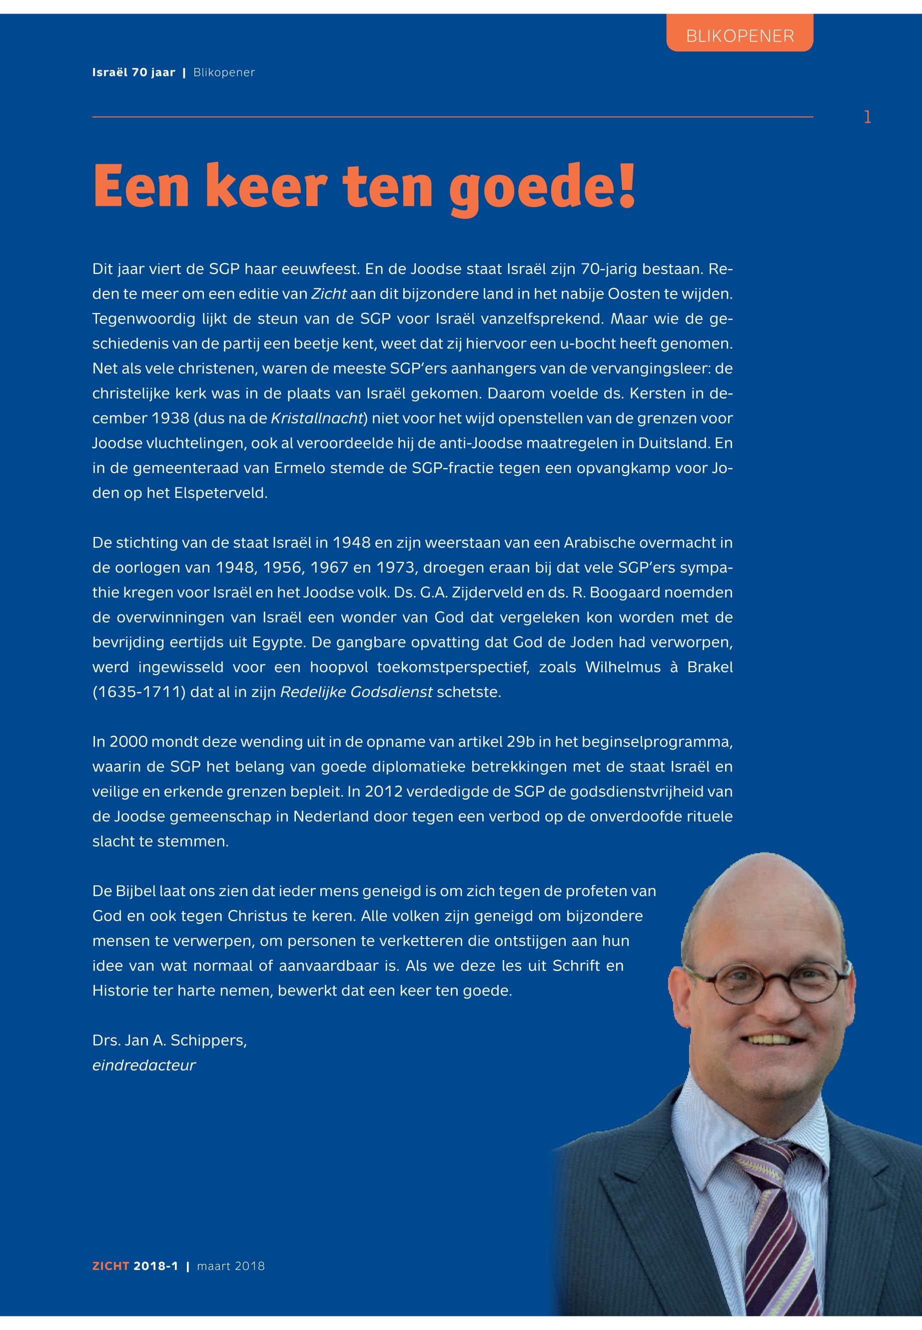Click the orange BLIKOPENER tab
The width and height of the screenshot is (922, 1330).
(x=740, y=36)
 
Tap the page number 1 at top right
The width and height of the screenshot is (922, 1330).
(x=867, y=117)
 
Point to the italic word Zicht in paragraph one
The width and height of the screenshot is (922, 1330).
(x=329, y=293)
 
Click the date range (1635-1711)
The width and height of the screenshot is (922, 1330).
(x=138, y=692)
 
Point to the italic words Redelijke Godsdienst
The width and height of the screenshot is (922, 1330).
(x=356, y=692)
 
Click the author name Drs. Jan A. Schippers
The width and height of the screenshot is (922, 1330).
(x=169, y=1040)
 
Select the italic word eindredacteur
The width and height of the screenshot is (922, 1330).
(x=144, y=1065)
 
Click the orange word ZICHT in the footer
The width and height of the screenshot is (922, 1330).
(x=111, y=1266)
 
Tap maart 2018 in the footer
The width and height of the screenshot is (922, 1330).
(x=230, y=1266)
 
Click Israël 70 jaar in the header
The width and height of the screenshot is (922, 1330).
(x=133, y=73)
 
